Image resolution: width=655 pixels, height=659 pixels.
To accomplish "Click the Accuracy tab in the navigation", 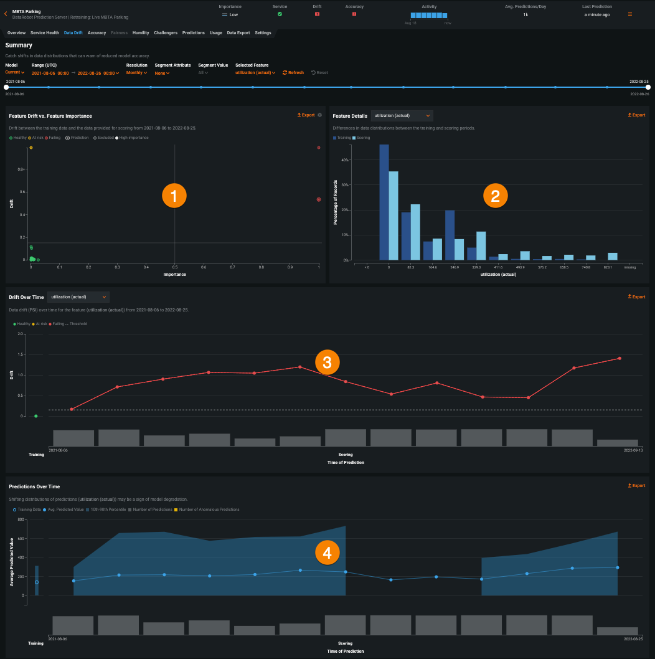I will pyautogui.click(x=97, y=32).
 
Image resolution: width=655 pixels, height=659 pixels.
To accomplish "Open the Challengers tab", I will pyautogui.click(x=166, y=32).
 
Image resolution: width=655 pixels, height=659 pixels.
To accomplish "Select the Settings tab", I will pyautogui.click(x=263, y=32).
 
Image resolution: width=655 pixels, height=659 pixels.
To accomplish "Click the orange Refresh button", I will pyautogui.click(x=293, y=73).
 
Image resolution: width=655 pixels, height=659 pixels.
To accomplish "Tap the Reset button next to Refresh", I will pyautogui.click(x=319, y=73).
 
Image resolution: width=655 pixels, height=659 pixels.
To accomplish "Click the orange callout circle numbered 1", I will pyautogui.click(x=174, y=196).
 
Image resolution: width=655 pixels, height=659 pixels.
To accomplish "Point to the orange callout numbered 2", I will pyautogui.click(x=495, y=196).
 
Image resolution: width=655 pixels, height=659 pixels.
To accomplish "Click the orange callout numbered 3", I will pyautogui.click(x=327, y=362).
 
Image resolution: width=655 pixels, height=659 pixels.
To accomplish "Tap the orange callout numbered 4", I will pyautogui.click(x=327, y=552).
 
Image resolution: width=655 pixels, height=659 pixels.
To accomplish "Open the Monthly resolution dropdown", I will pyautogui.click(x=136, y=73).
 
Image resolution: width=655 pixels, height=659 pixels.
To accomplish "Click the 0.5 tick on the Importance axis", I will pyautogui.click(x=175, y=267).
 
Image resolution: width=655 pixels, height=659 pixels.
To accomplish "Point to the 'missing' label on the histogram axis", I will pyautogui.click(x=630, y=267).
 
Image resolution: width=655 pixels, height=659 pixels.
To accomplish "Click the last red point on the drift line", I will pyautogui.click(x=620, y=358).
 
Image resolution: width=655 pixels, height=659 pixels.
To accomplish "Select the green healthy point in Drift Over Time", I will pyautogui.click(x=36, y=416).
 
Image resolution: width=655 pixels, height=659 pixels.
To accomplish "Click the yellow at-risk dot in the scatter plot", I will pyautogui.click(x=31, y=148).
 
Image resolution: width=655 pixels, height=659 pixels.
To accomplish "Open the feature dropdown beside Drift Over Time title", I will pyautogui.click(x=78, y=296).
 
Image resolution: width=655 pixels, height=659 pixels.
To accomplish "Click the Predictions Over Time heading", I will pyautogui.click(x=34, y=486).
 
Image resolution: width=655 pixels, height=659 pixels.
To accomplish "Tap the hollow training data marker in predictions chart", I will pyautogui.click(x=37, y=582).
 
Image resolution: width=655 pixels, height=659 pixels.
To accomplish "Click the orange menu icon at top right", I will pyautogui.click(x=630, y=14).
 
